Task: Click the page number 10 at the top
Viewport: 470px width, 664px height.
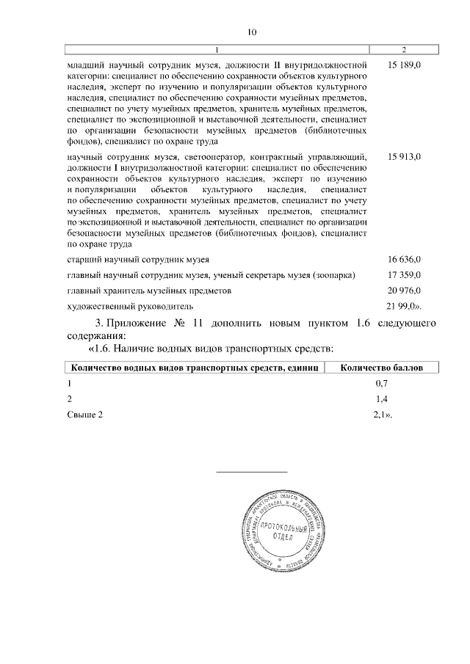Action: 252,32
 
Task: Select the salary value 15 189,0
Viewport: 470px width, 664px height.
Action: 403,65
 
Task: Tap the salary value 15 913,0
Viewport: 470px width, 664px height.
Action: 403,157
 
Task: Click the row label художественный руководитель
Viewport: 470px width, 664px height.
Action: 129,305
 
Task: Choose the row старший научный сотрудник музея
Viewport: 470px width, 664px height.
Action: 138,260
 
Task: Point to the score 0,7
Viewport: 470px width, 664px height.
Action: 381,384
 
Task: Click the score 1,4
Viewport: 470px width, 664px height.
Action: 381,399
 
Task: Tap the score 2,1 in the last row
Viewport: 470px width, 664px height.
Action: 381,415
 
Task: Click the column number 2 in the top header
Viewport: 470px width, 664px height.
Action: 404,49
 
